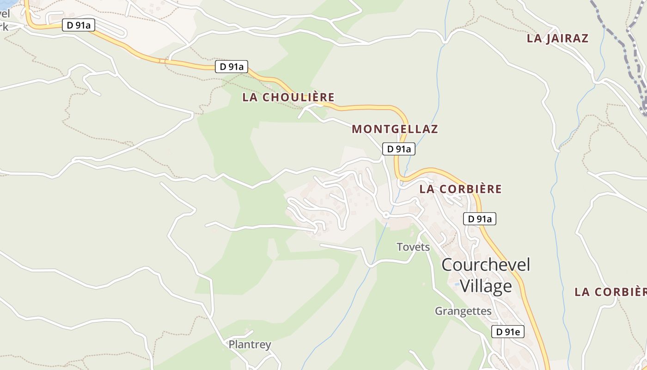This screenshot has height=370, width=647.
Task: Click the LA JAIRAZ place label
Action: click(557, 38)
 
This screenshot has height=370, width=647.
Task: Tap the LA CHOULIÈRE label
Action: click(288, 98)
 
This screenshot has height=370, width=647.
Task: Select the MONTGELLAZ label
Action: click(395, 129)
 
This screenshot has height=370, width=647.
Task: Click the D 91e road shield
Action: click(507, 332)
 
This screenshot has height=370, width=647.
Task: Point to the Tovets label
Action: click(413, 247)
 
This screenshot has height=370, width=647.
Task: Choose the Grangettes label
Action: click(463, 311)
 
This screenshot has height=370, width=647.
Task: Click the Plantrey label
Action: click(250, 345)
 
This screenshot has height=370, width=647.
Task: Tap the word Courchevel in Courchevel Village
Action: click(486, 265)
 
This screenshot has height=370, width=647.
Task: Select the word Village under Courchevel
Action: click(486, 286)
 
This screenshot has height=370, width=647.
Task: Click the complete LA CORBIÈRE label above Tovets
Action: click(460, 189)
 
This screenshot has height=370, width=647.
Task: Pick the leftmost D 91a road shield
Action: click(79, 25)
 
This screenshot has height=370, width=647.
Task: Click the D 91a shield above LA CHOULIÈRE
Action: click(232, 67)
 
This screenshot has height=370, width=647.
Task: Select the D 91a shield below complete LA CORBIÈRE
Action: click(479, 219)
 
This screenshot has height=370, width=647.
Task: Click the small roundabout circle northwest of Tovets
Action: click(386, 215)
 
